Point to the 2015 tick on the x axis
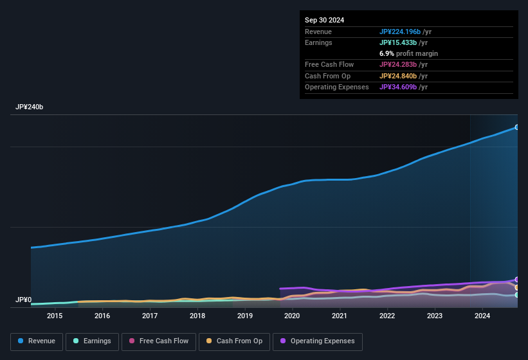tap(55, 316)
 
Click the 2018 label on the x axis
tap(197, 316)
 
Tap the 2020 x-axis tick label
tap(292, 316)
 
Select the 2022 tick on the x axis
tap(387, 316)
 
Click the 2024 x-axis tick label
tap(482, 316)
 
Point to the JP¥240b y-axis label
tap(30, 107)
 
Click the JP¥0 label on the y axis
tap(23, 300)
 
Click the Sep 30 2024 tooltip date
tap(324, 20)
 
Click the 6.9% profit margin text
tap(408, 53)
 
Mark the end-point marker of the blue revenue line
tap(516, 127)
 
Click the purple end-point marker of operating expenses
tap(516, 280)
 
